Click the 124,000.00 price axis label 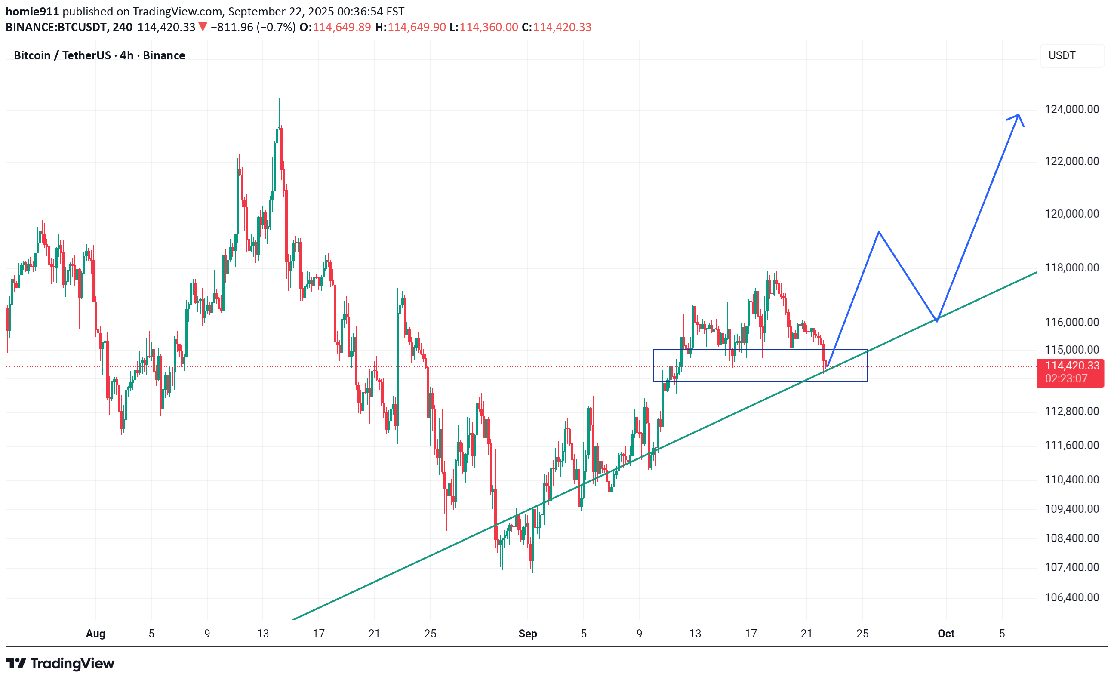pyautogui.click(x=1071, y=109)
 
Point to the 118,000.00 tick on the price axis pyautogui.click(x=1071, y=268)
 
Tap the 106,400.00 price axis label pyautogui.click(x=1071, y=597)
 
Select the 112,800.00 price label pyautogui.click(x=1071, y=411)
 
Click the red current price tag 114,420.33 pyautogui.click(x=1072, y=366)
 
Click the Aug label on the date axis pyautogui.click(x=95, y=634)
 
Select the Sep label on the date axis pyautogui.click(x=528, y=634)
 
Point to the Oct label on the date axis pyautogui.click(x=946, y=634)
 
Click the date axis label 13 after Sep pyautogui.click(x=695, y=634)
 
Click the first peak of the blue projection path pyautogui.click(x=878, y=232)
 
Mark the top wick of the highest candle pyautogui.click(x=279, y=100)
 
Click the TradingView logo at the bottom pyautogui.click(x=60, y=663)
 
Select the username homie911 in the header pyautogui.click(x=32, y=11)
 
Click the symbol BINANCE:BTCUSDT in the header pyautogui.click(x=56, y=27)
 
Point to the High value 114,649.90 pyautogui.click(x=416, y=27)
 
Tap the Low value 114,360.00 pyautogui.click(x=489, y=27)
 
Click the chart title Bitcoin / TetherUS pyautogui.click(x=62, y=55)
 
